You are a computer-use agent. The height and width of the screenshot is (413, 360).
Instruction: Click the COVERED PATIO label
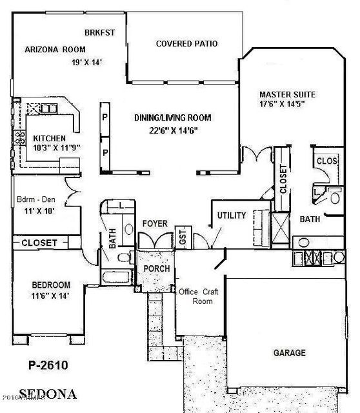(186, 44)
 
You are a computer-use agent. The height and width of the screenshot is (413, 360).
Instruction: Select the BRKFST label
(100, 32)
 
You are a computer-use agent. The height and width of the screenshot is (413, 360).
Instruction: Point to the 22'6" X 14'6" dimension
(173, 130)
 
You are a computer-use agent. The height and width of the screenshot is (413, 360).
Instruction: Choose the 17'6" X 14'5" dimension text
(281, 103)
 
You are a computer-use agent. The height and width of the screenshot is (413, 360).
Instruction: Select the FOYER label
(155, 223)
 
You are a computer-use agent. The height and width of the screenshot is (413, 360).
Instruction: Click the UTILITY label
(232, 215)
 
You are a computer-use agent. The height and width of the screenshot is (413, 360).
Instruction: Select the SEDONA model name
(46, 393)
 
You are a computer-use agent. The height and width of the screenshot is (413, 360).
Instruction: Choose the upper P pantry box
(105, 117)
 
